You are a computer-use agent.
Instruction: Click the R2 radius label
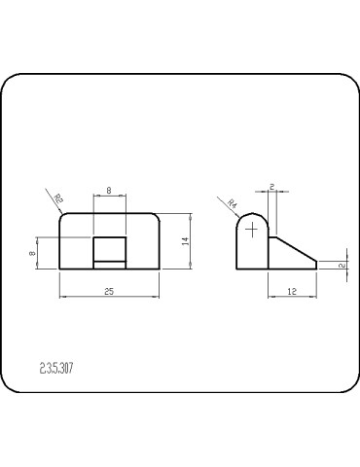pyautogui.click(x=58, y=199)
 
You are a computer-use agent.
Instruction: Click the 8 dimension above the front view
pyautogui.click(x=109, y=191)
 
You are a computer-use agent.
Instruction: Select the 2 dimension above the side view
pyautogui.click(x=272, y=187)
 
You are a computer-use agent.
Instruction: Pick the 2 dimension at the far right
pyautogui.click(x=342, y=264)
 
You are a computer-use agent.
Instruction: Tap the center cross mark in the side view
pyautogui.click(x=252, y=230)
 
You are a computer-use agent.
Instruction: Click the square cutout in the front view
pyautogui.click(x=109, y=249)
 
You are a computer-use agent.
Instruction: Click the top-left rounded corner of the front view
pyautogui.click(x=63, y=217)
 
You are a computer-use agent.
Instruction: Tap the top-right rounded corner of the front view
pyautogui.click(x=156, y=217)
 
